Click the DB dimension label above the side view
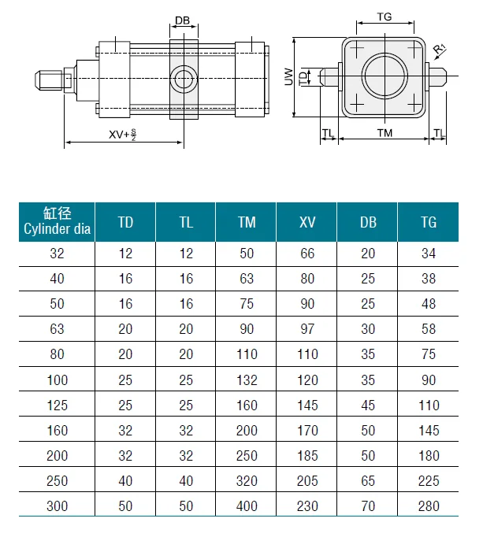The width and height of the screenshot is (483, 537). pyautogui.click(x=182, y=20)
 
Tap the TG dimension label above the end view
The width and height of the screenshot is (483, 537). pyautogui.click(x=385, y=17)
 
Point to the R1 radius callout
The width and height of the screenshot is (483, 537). pyautogui.click(x=440, y=49)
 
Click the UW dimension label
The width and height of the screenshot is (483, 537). pyautogui.click(x=289, y=76)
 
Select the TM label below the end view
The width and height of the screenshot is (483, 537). pyautogui.click(x=385, y=133)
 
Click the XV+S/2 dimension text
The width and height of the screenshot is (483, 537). pyautogui.click(x=122, y=134)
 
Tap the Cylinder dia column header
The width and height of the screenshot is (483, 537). pyautogui.click(x=57, y=221)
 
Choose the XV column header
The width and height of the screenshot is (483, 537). pyautogui.click(x=307, y=222)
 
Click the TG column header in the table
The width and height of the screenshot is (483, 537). pyautogui.click(x=429, y=222)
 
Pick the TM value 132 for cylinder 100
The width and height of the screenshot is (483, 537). pyautogui.click(x=247, y=380)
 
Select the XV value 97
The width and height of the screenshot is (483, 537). pyautogui.click(x=307, y=329)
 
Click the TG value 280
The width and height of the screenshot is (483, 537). pyautogui.click(x=429, y=506)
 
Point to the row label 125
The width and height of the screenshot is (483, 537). pyautogui.click(x=57, y=406)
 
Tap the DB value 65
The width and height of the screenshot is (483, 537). pyautogui.click(x=368, y=481)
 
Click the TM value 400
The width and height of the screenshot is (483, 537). pyautogui.click(x=247, y=506)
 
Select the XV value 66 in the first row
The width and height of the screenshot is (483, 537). pyautogui.click(x=307, y=254)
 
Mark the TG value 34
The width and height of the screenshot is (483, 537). pyautogui.click(x=429, y=254)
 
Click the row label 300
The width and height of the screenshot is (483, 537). pyautogui.click(x=57, y=506)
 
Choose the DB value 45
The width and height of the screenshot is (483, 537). pyautogui.click(x=368, y=406)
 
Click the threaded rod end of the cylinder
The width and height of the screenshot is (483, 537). pyautogui.click(x=48, y=80)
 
